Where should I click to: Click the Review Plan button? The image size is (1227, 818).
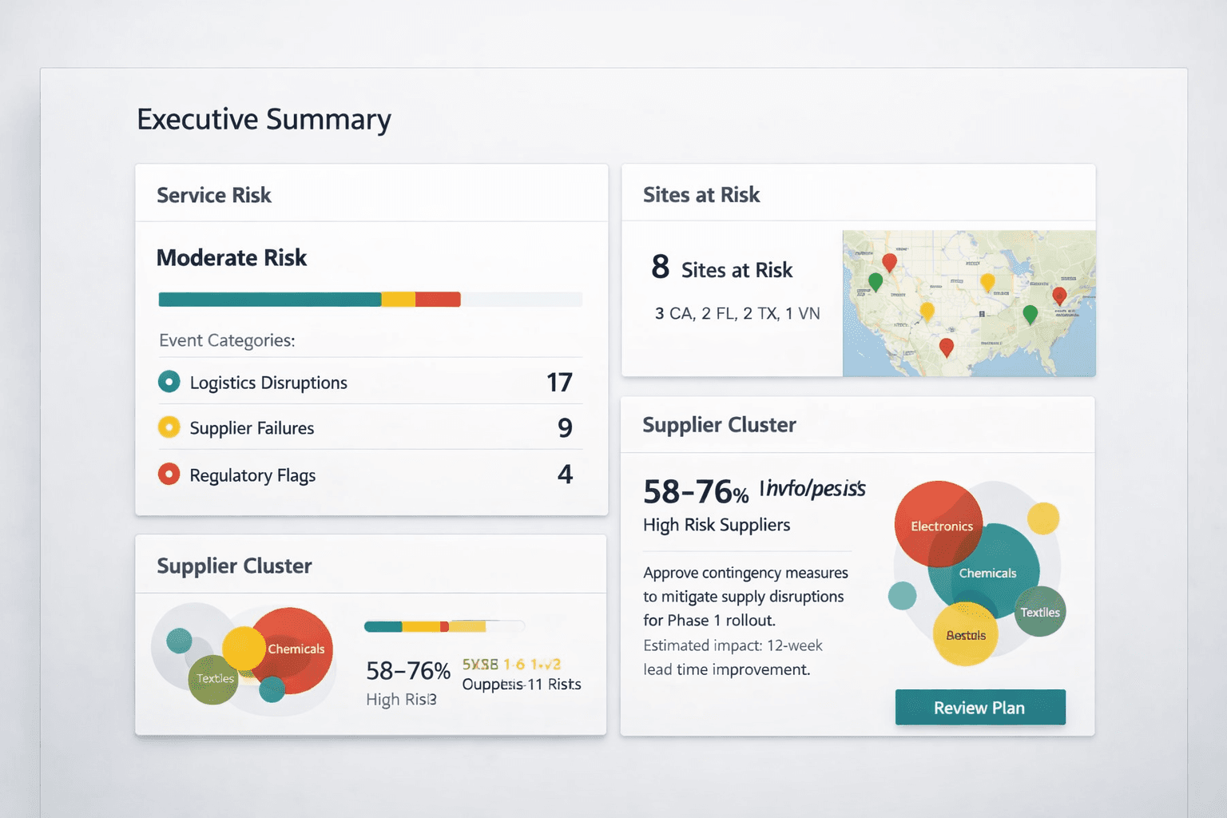pyautogui.click(x=979, y=708)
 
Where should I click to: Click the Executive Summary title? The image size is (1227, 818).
pyautogui.click(x=264, y=119)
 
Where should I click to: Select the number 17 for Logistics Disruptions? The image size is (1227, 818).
pyautogui.click(x=559, y=383)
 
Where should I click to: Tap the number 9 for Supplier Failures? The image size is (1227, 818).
pyautogui.click(x=565, y=428)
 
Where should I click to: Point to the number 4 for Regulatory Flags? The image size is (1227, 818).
pyautogui.click(x=565, y=475)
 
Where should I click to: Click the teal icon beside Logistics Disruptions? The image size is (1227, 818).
pyautogui.click(x=169, y=382)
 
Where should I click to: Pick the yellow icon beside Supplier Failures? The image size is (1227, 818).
pyautogui.click(x=169, y=427)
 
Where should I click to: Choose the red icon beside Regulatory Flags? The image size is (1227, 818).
pyautogui.click(x=169, y=475)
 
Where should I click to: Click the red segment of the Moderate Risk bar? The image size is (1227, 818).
pyautogui.click(x=438, y=300)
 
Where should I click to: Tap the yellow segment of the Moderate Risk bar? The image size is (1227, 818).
pyautogui.click(x=398, y=300)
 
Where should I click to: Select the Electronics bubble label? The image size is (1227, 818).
pyautogui.click(x=942, y=526)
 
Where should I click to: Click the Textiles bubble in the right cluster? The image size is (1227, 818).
pyautogui.click(x=1040, y=612)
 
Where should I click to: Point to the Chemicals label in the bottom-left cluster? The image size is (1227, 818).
pyautogui.click(x=296, y=649)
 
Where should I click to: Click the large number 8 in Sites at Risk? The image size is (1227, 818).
pyautogui.click(x=660, y=267)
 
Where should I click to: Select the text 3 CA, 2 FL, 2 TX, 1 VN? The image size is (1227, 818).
pyautogui.click(x=737, y=313)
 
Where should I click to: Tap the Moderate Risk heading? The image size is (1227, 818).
pyautogui.click(x=232, y=258)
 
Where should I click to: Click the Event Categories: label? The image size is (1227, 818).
pyautogui.click(x=227, y=340)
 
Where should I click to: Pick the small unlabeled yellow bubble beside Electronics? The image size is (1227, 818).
pyautogui.click(x=1042, y=518)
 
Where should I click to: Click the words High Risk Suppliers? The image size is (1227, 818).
pyautogui.click(x=717, y=525)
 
